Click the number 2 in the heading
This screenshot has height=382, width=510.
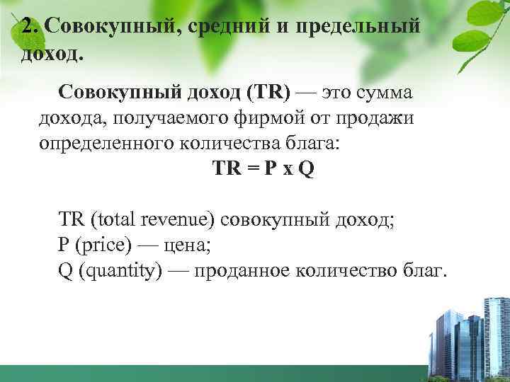(28, 26)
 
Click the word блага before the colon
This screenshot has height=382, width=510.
(312, 144)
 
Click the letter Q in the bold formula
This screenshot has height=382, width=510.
(305, 170)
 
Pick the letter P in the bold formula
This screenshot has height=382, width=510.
(271, 170)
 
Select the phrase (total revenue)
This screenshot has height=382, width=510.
(152, 220)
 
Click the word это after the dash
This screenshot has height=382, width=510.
(338, 92)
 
